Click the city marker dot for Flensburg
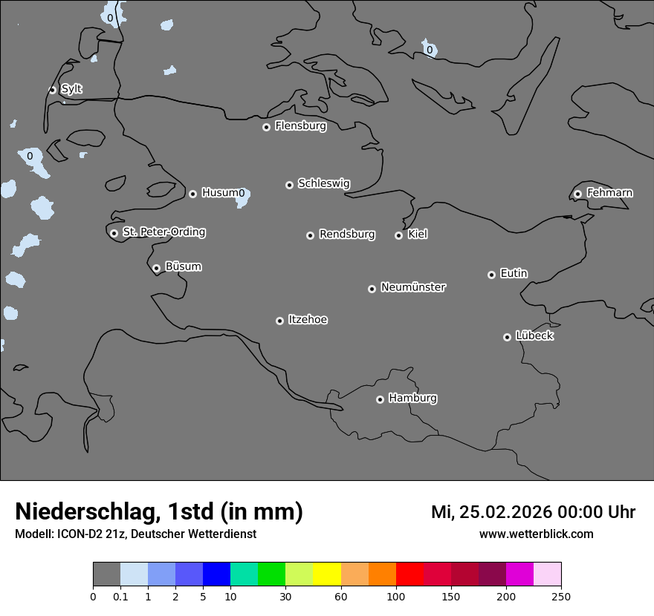[x=266, y=127]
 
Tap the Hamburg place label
[x=412, y=398]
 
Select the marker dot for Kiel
[x=398, y=235]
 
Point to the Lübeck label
[x=534, y=335]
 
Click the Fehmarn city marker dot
[x=577, y=194]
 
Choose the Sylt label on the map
[x=71, y=89]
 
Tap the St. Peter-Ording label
[x=164, y=232]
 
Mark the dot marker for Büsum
[x=156, y=268]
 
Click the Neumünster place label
[x=413, y=286]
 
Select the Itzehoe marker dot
[x=279, y=321]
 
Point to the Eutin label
[x=514, y=273]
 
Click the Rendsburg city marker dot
[x=310, y=235]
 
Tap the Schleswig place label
[x=324, y=183]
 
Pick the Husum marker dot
[x=192, y=194]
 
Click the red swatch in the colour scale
[x=409, y=574]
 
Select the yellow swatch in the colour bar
[x=327, y=574]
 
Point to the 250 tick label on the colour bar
[x=561, y=596]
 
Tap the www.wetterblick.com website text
[x=536, y=534]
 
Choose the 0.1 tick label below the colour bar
[x=120, y=596]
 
